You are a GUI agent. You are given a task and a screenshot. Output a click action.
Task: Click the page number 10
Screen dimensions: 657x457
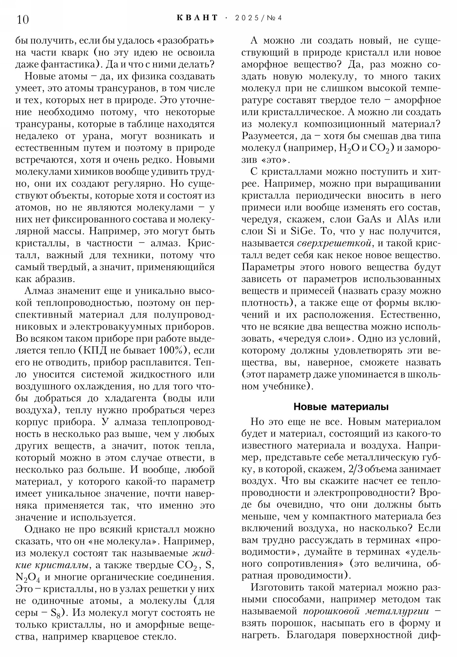pos(23,20)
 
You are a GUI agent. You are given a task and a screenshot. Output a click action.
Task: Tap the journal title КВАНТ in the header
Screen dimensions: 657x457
pos(197,18)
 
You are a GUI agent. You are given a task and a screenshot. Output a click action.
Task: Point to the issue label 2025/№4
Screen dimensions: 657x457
pos(258,18)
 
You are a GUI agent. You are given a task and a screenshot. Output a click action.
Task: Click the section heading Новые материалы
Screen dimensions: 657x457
pos(341,406)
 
